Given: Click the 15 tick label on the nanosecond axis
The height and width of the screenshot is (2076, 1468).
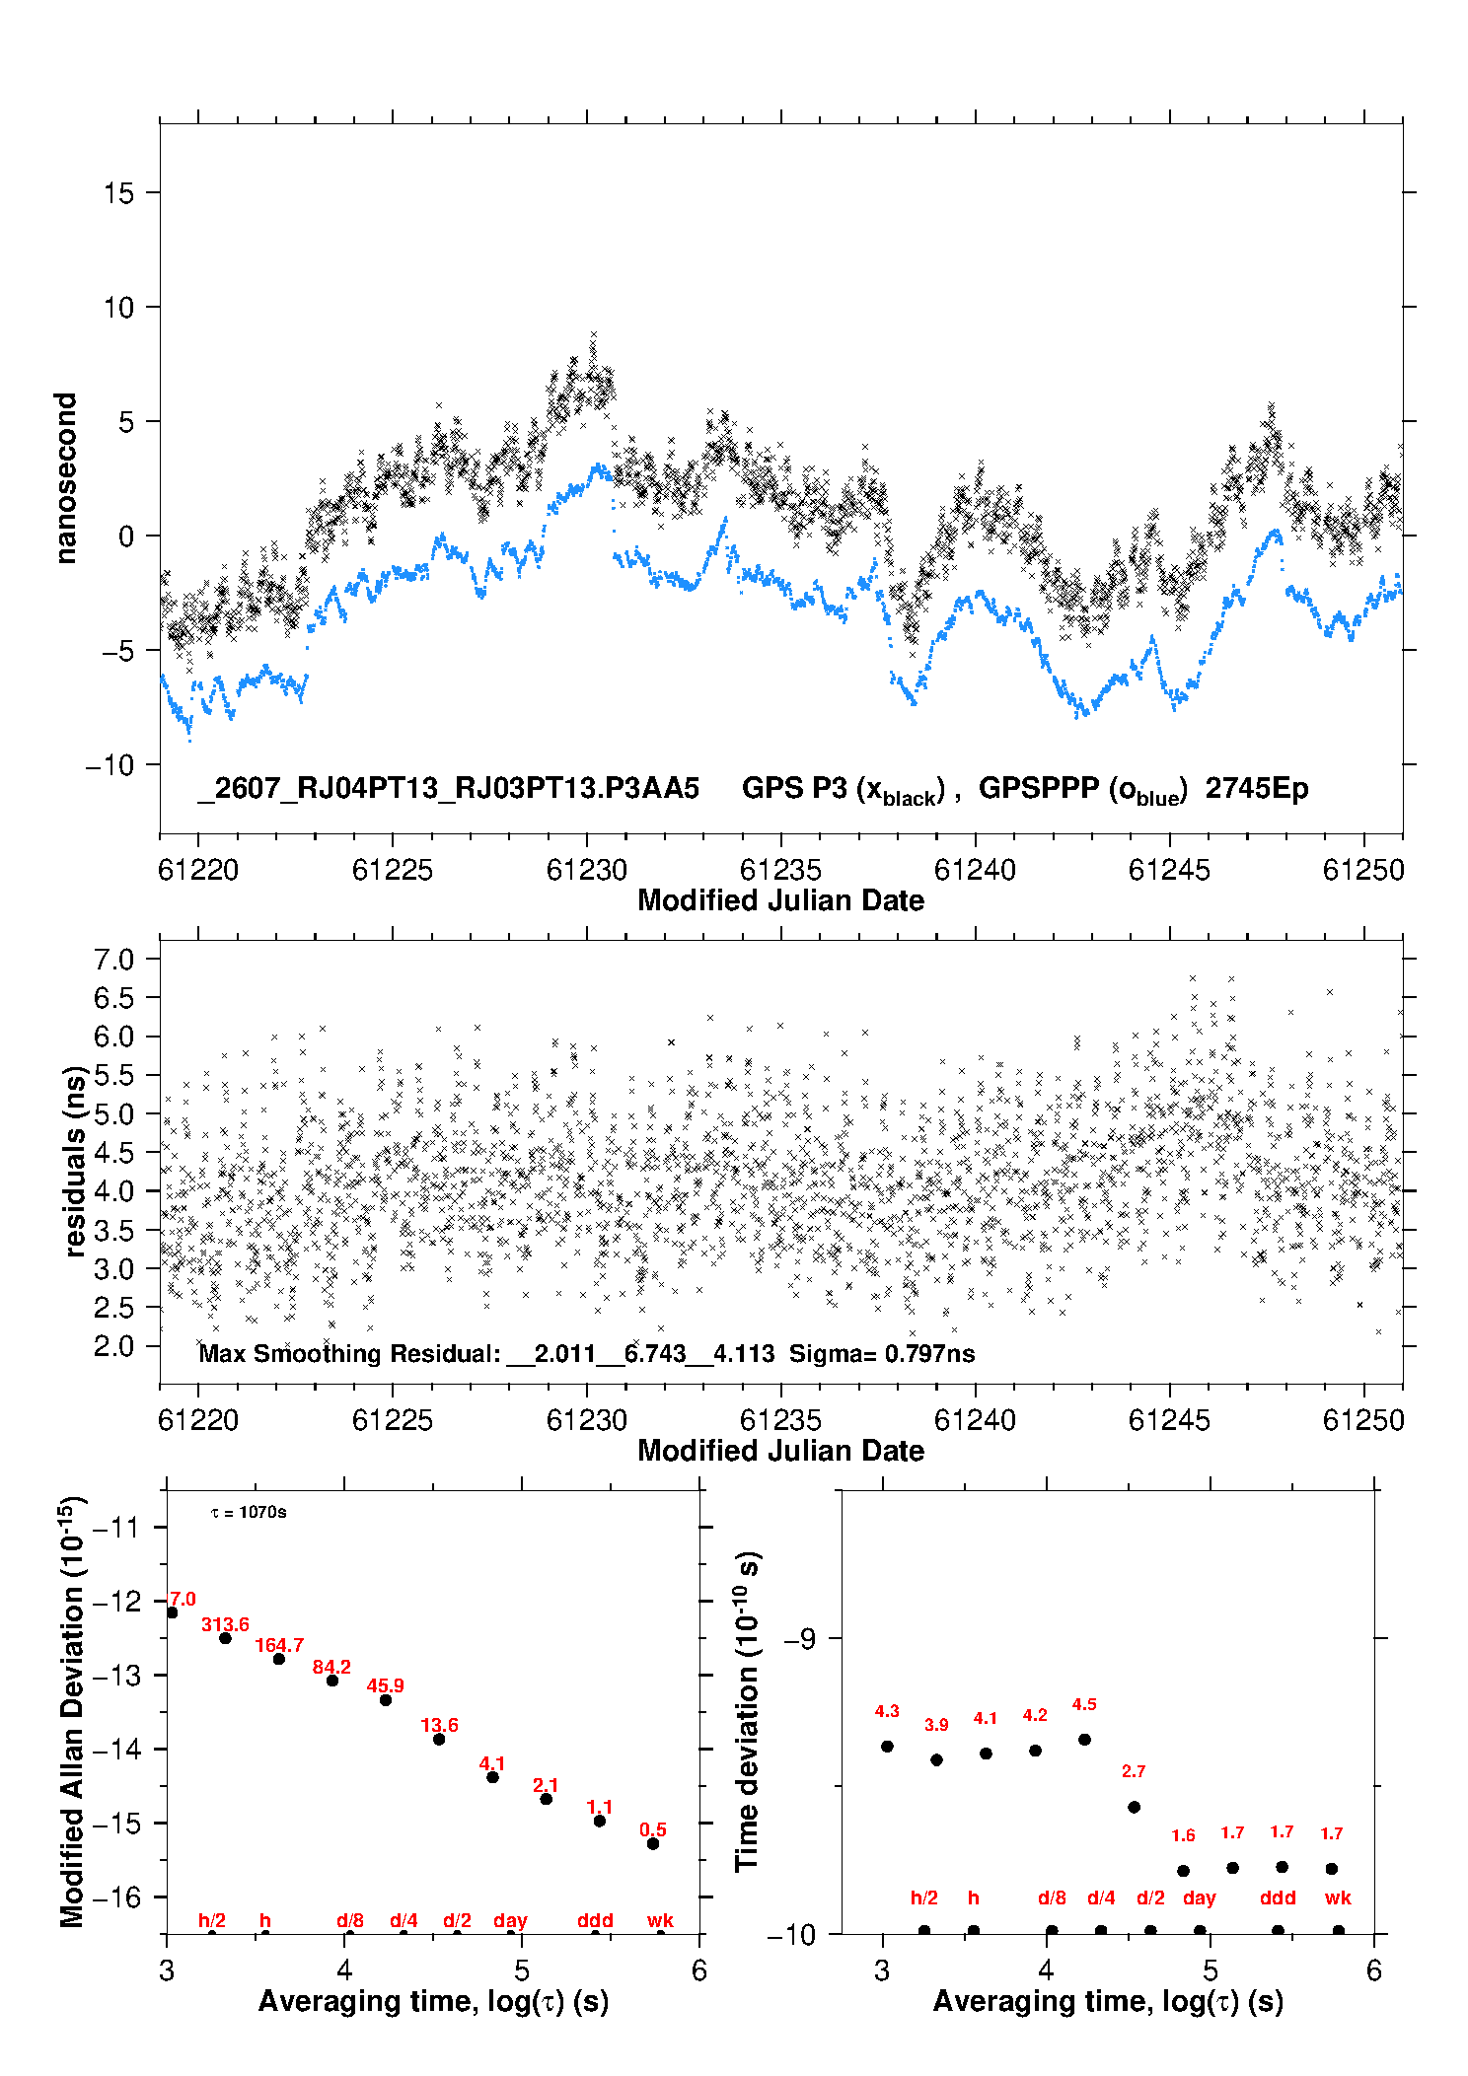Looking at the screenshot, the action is pyautogui.click(x=118, y=193).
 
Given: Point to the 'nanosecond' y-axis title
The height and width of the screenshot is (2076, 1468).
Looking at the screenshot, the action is pyautogui.click(x=65, y=478).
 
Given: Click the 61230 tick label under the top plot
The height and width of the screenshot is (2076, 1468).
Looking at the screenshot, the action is pyautogui.click(x=587, y=870).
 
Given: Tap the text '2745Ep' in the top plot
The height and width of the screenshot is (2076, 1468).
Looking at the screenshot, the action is pyautogui.click(x=1257, y=789).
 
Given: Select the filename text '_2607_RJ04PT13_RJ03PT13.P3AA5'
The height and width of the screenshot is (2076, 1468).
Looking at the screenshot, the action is pyautogui.click(x=448, y=789).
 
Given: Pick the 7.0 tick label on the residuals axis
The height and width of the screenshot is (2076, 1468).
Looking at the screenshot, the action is pyautogui.click(x=113, y=960).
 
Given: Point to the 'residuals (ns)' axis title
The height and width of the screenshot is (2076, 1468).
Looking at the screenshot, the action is pyautogui.click(x=75, y=1162).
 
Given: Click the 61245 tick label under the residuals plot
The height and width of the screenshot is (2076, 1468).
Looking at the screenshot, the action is pyautogui.click(x=1169, y=1420).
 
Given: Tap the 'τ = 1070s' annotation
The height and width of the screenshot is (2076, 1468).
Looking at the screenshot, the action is pyautogui.click(x=249, y=1513).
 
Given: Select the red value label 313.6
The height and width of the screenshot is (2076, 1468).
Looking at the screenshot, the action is pyautogui.click(x=225, y=1624).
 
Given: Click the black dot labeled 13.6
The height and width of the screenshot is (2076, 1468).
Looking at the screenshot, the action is pyautogui.click(x=439, y=1739).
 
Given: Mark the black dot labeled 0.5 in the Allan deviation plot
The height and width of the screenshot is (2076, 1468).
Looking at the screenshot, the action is pyautogui.click(x=653, y=1843).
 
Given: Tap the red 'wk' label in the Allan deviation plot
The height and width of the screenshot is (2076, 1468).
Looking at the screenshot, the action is pyautogui.click(x=660, y=1920).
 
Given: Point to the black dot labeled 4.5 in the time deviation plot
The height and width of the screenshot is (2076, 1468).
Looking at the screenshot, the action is pyautogui.click(x=1084, y=1740).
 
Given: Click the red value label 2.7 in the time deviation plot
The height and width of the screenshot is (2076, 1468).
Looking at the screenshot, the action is pyautogui.click(x=1134, y=1771).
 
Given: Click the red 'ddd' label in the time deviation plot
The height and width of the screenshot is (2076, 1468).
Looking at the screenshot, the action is pyautogui.click(x=1278, y=1897).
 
